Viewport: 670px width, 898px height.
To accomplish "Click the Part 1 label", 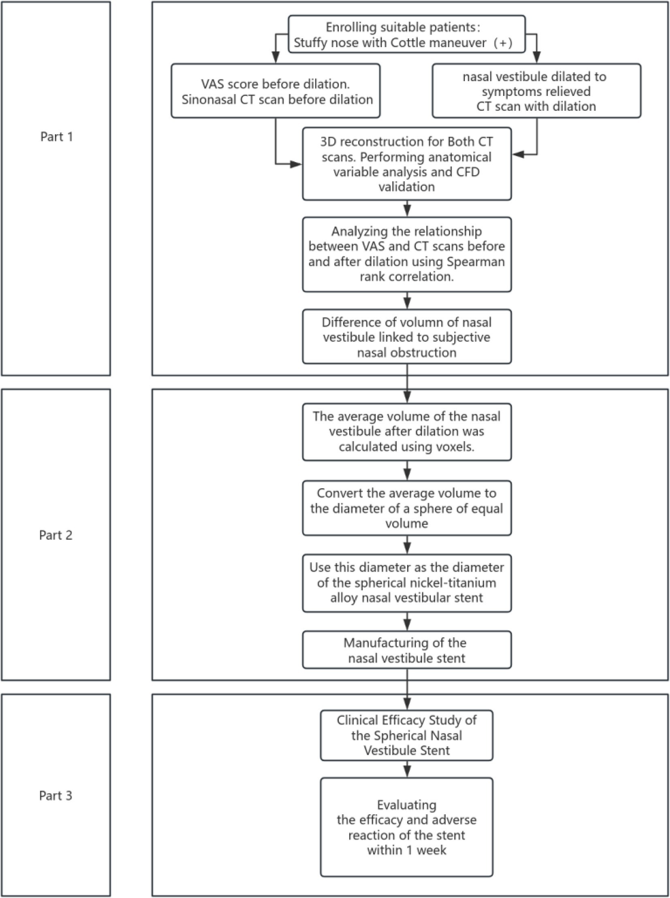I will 56,137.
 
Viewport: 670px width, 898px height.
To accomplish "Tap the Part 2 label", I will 56,535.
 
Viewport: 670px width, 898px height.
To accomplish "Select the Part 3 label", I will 56,796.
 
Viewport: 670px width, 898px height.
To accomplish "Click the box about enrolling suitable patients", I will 406,35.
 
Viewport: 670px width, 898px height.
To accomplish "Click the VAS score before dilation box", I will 275,92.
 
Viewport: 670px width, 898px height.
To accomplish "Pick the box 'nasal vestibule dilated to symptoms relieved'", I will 536,92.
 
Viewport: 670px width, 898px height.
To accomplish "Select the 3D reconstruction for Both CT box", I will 406,164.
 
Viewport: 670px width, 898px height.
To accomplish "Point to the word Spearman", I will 481,262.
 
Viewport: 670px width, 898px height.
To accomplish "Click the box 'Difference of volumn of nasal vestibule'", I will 406,337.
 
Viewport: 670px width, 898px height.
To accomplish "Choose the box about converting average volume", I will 406,508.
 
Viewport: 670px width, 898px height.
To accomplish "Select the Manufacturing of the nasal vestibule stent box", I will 406,650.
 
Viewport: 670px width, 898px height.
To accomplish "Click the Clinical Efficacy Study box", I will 406,735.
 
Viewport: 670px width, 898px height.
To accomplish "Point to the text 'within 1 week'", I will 406,850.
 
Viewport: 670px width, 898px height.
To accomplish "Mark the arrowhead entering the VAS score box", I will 275,58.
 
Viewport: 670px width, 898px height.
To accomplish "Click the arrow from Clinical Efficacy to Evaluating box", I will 407,769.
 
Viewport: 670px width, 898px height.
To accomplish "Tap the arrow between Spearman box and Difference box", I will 407,301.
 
